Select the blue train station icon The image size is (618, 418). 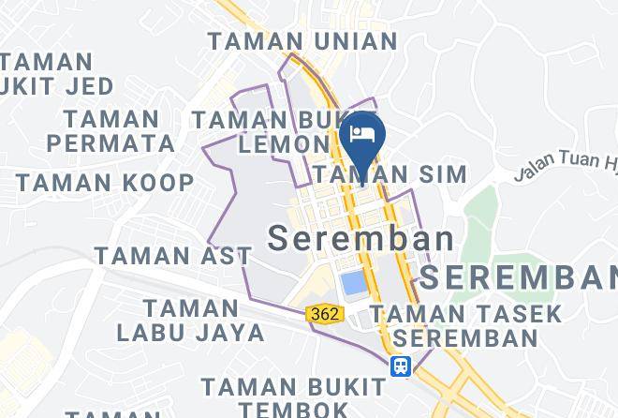pyautogui.click(x=401, y=366)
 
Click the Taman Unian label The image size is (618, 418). pyautogui.click(x=302, y=41)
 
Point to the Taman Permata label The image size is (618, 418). pyautogui.click(x=111, y=131)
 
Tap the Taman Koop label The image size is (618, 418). pyautogui.click(x=104, y=182)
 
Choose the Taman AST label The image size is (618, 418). pyautogui.click(x=172, y=255)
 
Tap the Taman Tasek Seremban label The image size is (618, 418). pyautogui.click(x=465, y=325)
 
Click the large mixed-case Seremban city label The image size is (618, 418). pyautogui.click(x=361, y=237)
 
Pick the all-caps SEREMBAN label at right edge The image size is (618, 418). pyautogui.click(x=519, y=277)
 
